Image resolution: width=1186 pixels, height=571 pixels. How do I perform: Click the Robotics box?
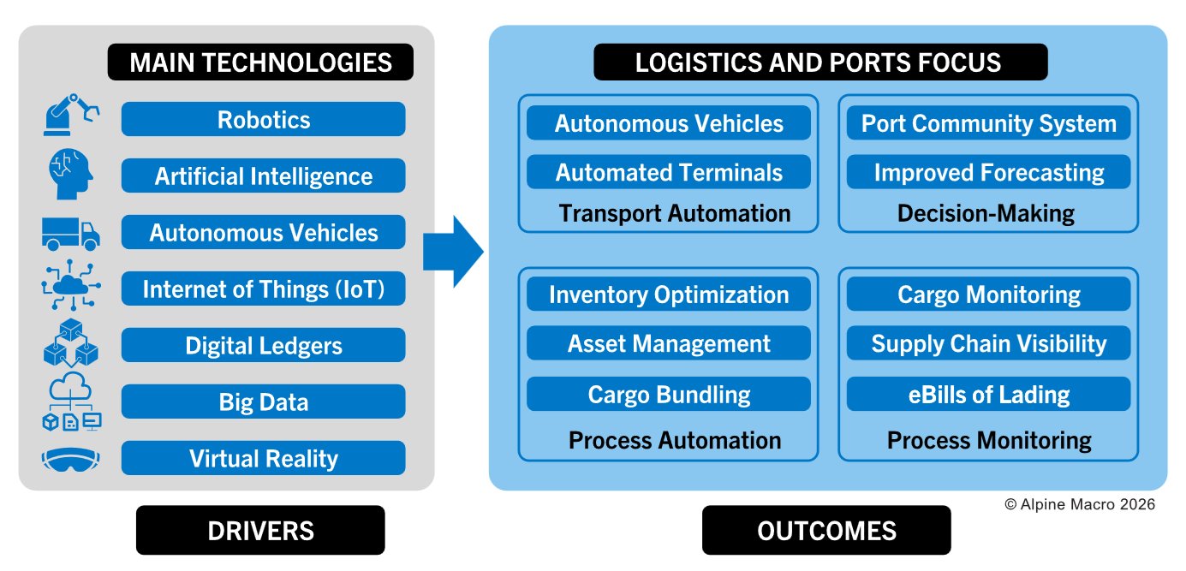(263, 119)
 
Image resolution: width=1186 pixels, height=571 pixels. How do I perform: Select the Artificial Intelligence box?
(263, 176)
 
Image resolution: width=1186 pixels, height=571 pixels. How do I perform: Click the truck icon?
(71, 233)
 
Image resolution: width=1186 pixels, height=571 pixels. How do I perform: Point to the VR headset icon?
(71, 460)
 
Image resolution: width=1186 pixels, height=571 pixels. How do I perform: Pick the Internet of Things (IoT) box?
(263, 289)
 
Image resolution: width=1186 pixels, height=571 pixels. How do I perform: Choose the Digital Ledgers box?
(263, 346)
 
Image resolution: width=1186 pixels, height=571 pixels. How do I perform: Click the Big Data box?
(263, 402)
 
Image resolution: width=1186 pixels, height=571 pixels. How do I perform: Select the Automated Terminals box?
(669, 172)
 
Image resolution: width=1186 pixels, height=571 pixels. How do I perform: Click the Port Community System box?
(988, 123)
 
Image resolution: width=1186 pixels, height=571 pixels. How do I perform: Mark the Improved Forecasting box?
(988, 172)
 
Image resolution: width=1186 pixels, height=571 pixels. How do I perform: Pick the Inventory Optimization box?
(669, 294)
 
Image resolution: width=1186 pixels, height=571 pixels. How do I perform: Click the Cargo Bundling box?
(669, 395)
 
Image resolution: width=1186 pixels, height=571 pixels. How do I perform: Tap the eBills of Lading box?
(988, 395)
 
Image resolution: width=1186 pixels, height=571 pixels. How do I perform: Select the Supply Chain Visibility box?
(988, 344)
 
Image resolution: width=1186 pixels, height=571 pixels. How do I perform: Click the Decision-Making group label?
(986, 213)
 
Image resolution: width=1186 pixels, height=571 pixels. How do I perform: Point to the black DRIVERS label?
(260, 531)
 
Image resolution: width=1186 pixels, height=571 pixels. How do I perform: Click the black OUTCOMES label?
(826, 531)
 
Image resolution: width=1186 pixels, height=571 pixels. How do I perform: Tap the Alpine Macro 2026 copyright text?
(1079, 505)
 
